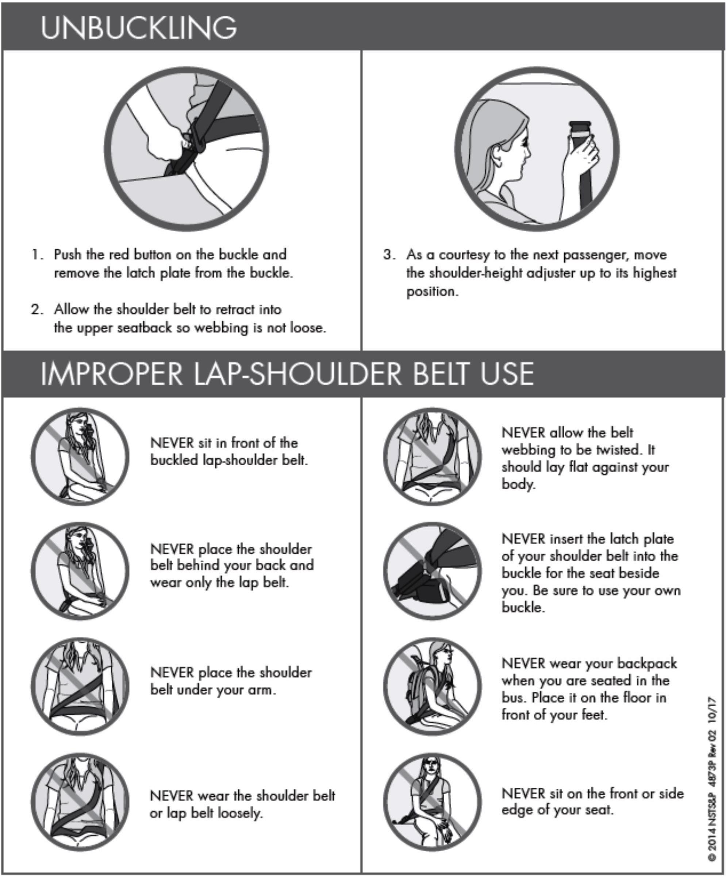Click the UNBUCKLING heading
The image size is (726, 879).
139,28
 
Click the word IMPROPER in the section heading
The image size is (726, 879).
111,373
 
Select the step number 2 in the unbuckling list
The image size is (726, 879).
37,310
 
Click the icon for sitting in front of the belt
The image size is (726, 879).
80,456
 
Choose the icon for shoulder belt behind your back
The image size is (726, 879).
80,571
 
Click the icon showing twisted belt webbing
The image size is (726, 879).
433,456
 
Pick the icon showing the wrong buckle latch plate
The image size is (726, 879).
433,571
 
